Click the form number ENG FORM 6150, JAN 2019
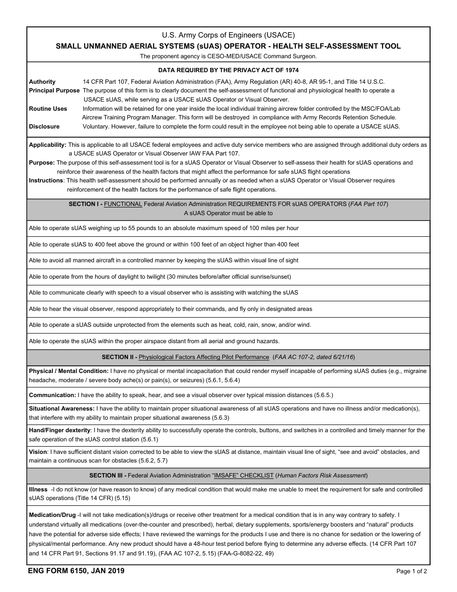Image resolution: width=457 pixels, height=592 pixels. (76, 571)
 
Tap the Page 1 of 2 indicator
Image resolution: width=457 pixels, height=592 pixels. (411, 572)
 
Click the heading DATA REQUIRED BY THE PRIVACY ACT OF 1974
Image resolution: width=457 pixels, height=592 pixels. (228, 70)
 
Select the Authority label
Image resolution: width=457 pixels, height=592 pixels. (42, 82)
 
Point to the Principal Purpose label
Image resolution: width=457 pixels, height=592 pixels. (54, 90)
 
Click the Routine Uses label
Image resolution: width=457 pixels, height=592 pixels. (48, 109)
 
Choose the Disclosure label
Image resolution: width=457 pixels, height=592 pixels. (44, 127)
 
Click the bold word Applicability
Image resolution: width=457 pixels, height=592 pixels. (48, 145)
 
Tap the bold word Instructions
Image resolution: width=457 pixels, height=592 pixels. (46, 180)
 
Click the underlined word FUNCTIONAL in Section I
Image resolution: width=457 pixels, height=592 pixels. (123, 204)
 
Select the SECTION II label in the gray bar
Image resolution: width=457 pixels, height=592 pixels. (119, 357)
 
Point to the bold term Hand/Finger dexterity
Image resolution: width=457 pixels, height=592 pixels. (60, 430)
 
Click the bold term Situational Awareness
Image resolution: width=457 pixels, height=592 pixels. (62, 409)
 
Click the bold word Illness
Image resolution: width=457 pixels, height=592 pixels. (38, 489)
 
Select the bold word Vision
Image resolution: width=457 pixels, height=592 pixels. (38, 452)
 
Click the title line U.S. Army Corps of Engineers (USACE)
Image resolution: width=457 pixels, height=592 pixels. (228, 35)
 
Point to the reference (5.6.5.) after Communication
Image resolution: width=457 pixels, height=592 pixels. (323, 395)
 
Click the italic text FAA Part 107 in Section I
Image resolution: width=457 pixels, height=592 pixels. (368, 204)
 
